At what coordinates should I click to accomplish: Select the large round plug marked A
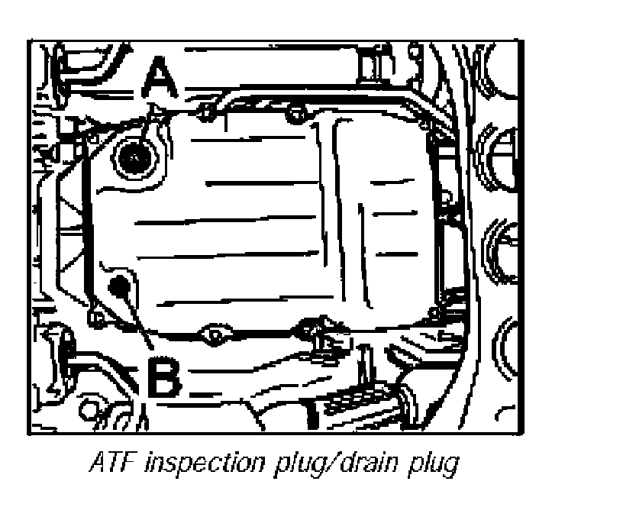(134, 157)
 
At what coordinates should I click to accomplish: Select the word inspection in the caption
(199, 464)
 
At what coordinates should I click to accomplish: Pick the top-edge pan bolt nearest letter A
(203, 115)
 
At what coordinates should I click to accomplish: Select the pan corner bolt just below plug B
(95, 315)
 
